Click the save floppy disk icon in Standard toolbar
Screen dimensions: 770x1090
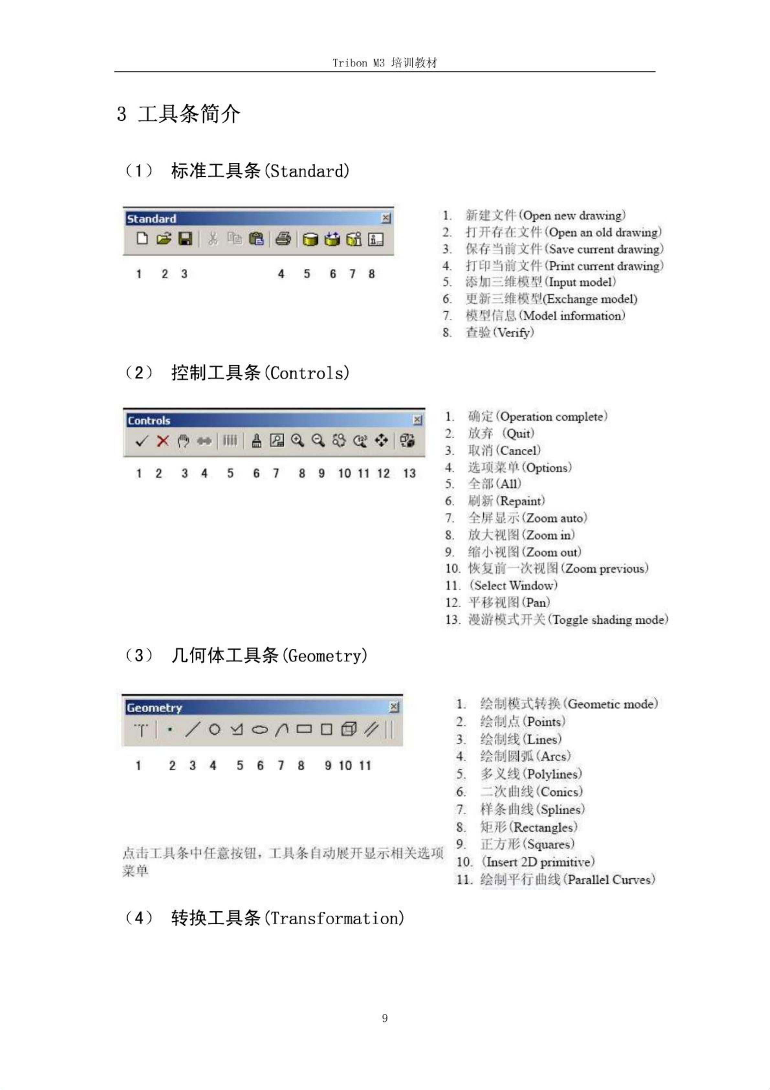(185, 238)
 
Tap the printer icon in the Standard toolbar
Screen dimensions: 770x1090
(283, 238)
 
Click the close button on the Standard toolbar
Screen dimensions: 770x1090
(386, 218)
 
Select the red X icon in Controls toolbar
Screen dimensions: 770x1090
(163, 441)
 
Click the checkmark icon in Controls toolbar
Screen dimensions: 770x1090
(141, 441)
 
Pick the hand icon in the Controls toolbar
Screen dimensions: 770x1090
(183, 441)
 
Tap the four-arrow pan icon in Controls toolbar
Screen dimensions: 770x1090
(381, 441)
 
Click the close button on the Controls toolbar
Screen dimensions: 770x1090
(418, 420)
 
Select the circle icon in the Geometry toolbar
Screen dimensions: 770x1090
(214, 729)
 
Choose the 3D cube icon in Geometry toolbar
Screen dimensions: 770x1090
(349, 729)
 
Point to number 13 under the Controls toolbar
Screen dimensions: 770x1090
(409, 473)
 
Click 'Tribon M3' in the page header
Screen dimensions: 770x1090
(358, 63)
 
